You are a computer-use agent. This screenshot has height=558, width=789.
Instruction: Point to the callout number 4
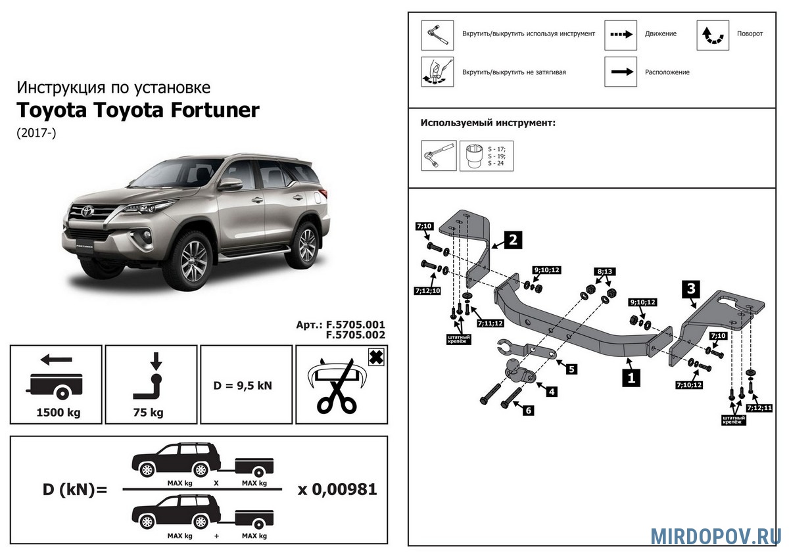pyautogui.click(x=552, y=392)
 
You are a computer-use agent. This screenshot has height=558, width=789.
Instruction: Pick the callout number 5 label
pyautogui.click(x=571, y=369)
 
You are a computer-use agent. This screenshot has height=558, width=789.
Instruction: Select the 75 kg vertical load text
pyautogui.click(x=151, y=413)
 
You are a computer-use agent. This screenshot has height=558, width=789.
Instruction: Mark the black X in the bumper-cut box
pyautogui.click(x=375, y=357)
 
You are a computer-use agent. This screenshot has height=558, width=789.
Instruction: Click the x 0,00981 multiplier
pyautogui.click(x=337, y=490)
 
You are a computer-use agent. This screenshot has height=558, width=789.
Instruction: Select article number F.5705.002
pyautogui.click(x=354, y=334)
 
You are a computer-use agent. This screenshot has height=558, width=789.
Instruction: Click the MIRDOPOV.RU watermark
pyautogui.click(x=715, y=536)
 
